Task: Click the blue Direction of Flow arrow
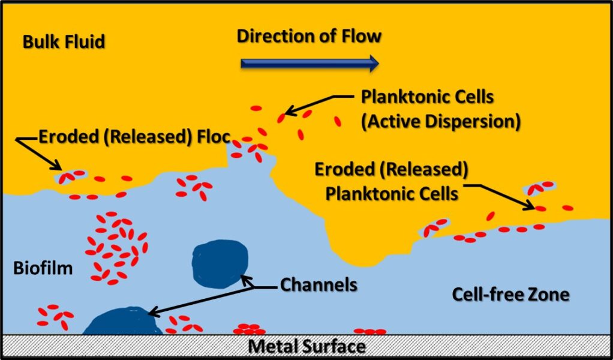point(309,62)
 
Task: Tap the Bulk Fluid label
point(64,42)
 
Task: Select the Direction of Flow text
point(309,36)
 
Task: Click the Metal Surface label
point(306,347)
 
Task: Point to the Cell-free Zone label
point(510,295)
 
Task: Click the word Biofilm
point(43,268)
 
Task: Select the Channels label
point(318,284)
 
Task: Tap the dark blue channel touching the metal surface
point(122,322)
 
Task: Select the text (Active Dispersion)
point(440,122)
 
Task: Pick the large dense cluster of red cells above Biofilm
point(117,246)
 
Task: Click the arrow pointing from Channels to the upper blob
point(258,283)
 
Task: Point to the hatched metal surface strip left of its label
point(120,346)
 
